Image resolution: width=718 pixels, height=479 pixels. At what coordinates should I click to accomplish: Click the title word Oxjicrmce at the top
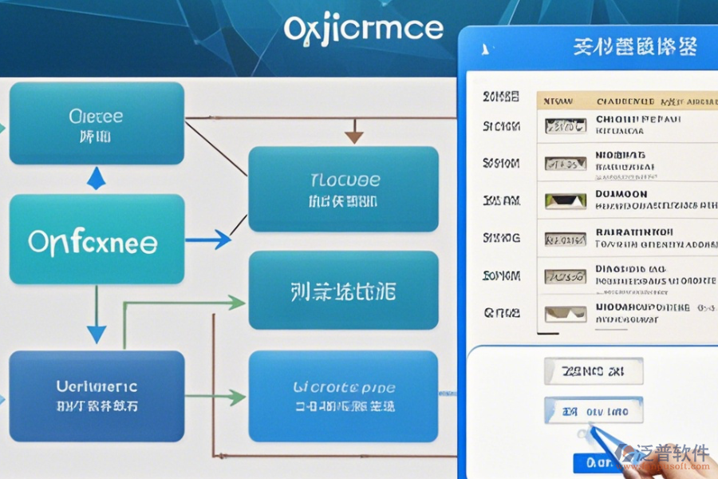[363, 29]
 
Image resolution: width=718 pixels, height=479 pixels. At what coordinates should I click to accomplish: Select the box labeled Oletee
[97, 123]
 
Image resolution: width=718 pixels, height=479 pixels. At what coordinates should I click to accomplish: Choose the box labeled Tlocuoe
[343, 188]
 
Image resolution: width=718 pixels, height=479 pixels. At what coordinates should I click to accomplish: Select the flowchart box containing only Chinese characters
[343, 291]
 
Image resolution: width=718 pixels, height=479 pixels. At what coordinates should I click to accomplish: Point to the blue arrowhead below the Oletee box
[96, 178]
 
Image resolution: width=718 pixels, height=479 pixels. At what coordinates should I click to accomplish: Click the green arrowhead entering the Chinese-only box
[236, 303]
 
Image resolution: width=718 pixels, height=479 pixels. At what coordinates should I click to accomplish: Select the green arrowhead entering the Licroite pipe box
[236, 396]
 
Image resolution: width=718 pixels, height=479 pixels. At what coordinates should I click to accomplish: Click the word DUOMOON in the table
[621, 194]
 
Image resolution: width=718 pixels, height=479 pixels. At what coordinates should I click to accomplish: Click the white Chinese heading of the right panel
[635, 47]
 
